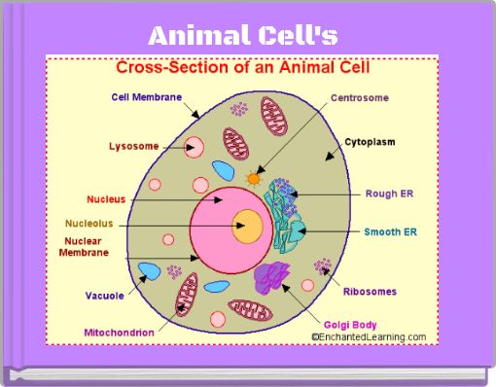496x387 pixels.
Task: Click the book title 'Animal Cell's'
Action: pos(243,37)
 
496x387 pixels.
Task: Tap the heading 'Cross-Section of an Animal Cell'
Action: pos(243,69)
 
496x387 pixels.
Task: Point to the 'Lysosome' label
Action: pos(132,147)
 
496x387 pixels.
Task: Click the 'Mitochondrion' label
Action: pos(120,333)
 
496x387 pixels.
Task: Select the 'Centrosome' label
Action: pos(361,98)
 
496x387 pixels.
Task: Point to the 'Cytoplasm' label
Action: pos(371,142)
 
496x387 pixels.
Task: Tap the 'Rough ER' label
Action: pos(389,193)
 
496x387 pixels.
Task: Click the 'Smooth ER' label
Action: pos(389,232)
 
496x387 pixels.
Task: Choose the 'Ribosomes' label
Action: pos(370,291)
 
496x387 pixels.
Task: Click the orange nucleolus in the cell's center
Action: pos(247,227)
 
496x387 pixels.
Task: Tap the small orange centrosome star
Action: pos(254,179)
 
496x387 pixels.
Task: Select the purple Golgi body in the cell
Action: pos(273,277)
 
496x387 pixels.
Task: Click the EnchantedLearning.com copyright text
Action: pos(368,336)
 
